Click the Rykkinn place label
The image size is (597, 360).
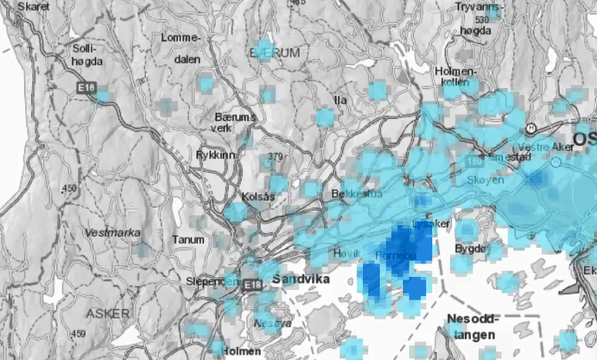215,155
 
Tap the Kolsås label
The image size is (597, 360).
258,197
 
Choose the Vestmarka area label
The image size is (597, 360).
111,233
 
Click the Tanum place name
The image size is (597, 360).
188,240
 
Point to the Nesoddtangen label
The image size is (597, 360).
472,326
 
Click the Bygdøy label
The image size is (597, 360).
471,249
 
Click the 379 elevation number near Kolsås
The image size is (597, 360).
276,156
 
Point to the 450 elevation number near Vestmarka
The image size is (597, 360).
69,188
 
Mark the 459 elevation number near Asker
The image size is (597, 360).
78,333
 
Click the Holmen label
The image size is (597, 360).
241,351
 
